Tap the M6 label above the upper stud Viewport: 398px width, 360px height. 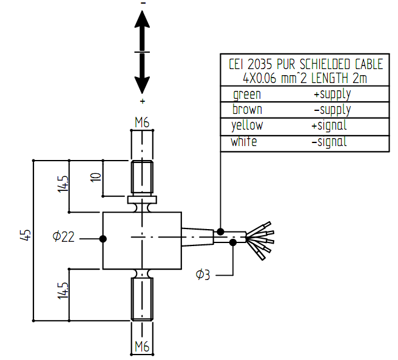coord(142,123)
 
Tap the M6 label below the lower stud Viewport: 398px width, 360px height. coord(142,347)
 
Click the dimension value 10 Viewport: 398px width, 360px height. coord(93,178)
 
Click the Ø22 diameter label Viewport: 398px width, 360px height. coord(63,238)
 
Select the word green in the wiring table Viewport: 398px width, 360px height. coord(247,95)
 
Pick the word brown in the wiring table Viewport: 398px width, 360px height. coord(248,110)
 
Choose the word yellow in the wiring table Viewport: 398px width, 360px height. coord(248,126)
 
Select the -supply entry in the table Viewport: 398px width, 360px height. coord(332,110)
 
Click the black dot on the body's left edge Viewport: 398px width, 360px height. coord(103,239)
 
